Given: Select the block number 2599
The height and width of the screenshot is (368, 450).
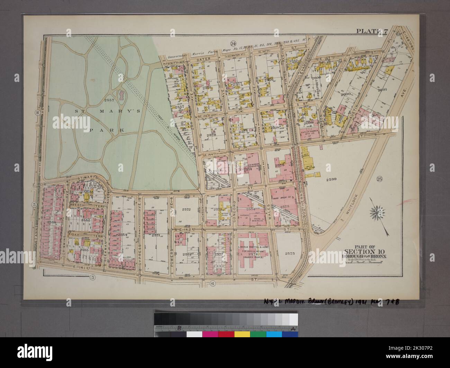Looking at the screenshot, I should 331,179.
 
